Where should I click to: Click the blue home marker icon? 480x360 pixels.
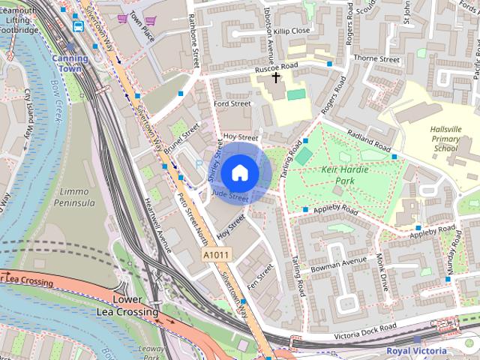pos(239,172)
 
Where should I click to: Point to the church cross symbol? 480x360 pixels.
pos(275,77)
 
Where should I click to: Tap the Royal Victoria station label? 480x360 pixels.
pos(416,350)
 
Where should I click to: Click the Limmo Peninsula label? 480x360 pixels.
pos(76,197)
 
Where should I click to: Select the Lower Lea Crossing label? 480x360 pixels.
pos(127,305)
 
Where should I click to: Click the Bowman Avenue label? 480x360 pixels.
pos(343,264)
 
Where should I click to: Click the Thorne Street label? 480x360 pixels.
pos(377,58)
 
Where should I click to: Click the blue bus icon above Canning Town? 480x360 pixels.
pos(78,25)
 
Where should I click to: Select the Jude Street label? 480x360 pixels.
pos(229,196)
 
